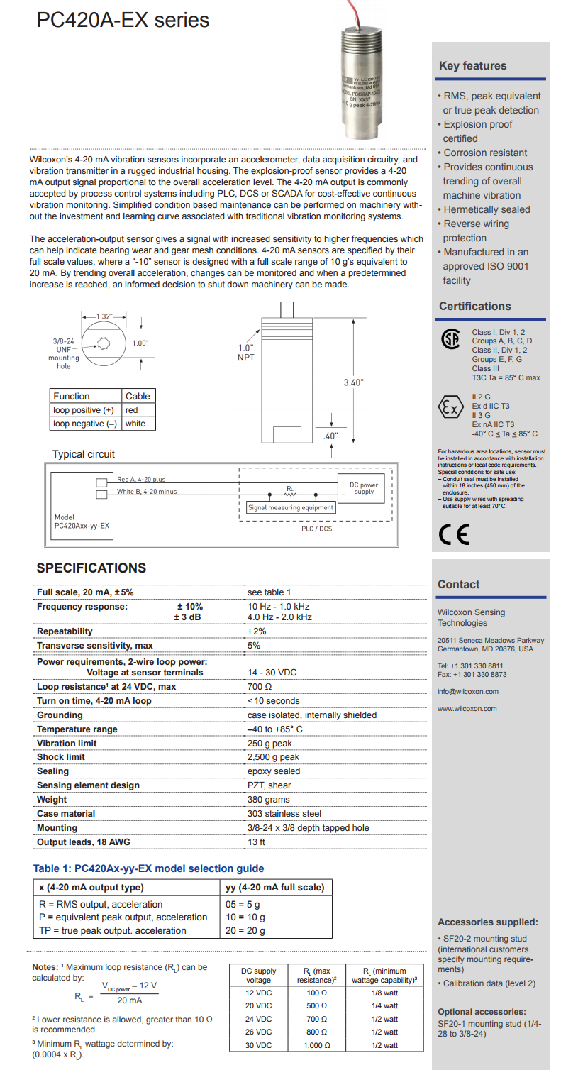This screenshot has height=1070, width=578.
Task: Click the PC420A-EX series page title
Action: point(123,20)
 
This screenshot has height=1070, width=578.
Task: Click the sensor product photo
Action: point(362,78)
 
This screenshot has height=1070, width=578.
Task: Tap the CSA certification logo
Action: point(450,339)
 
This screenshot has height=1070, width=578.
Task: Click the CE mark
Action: point(454,534)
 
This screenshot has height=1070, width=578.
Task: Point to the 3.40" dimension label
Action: point(353,382)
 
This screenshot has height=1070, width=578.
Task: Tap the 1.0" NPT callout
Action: point(245,353)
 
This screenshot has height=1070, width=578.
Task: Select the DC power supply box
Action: point(363,488)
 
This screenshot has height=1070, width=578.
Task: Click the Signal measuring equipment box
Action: point(291,508)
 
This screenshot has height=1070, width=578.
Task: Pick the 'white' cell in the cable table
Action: point(135,424)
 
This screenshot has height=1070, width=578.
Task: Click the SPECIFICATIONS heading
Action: point(91,568)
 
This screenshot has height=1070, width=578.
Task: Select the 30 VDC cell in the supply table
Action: point(258,1045)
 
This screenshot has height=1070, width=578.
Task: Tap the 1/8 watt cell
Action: point(384,993)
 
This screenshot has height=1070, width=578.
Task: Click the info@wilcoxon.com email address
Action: point(467,692)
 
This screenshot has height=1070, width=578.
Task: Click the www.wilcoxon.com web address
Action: point(467,709)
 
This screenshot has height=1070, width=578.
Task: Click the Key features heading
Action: point(472,66)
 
